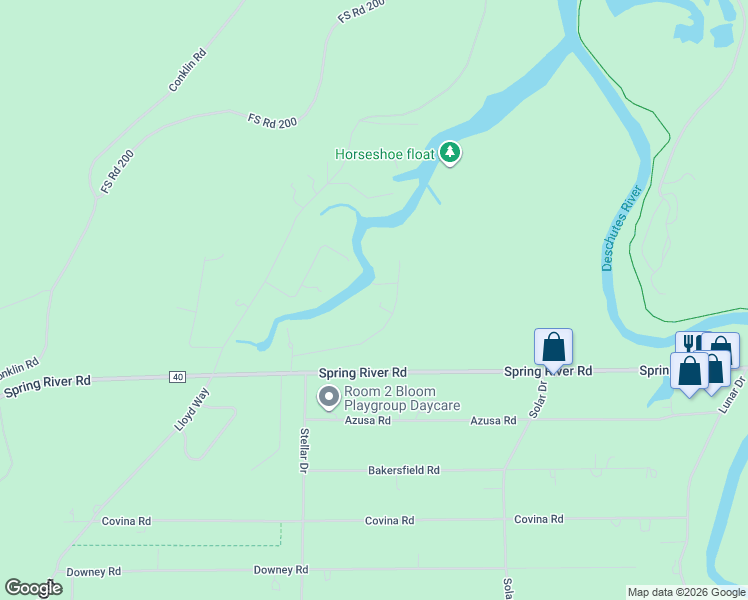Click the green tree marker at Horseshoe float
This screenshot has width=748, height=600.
[451, 153]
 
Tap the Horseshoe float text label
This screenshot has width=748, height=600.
[384, 154]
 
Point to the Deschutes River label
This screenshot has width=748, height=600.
[620, 227]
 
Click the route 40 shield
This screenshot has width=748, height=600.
[177, 376]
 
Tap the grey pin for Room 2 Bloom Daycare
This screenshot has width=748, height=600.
[328, 398]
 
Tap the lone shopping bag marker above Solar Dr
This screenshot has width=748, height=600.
[553, 348]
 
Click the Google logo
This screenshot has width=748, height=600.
[33, 588]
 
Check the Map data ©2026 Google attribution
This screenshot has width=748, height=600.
[685, 592]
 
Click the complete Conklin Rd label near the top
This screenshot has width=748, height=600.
[187, 70]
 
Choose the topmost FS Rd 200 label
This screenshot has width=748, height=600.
[361, 11]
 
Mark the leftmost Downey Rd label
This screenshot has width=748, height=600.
[93, 571]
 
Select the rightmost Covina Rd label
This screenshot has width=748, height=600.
[539, 519]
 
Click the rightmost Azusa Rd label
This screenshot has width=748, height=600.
[493, 421]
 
